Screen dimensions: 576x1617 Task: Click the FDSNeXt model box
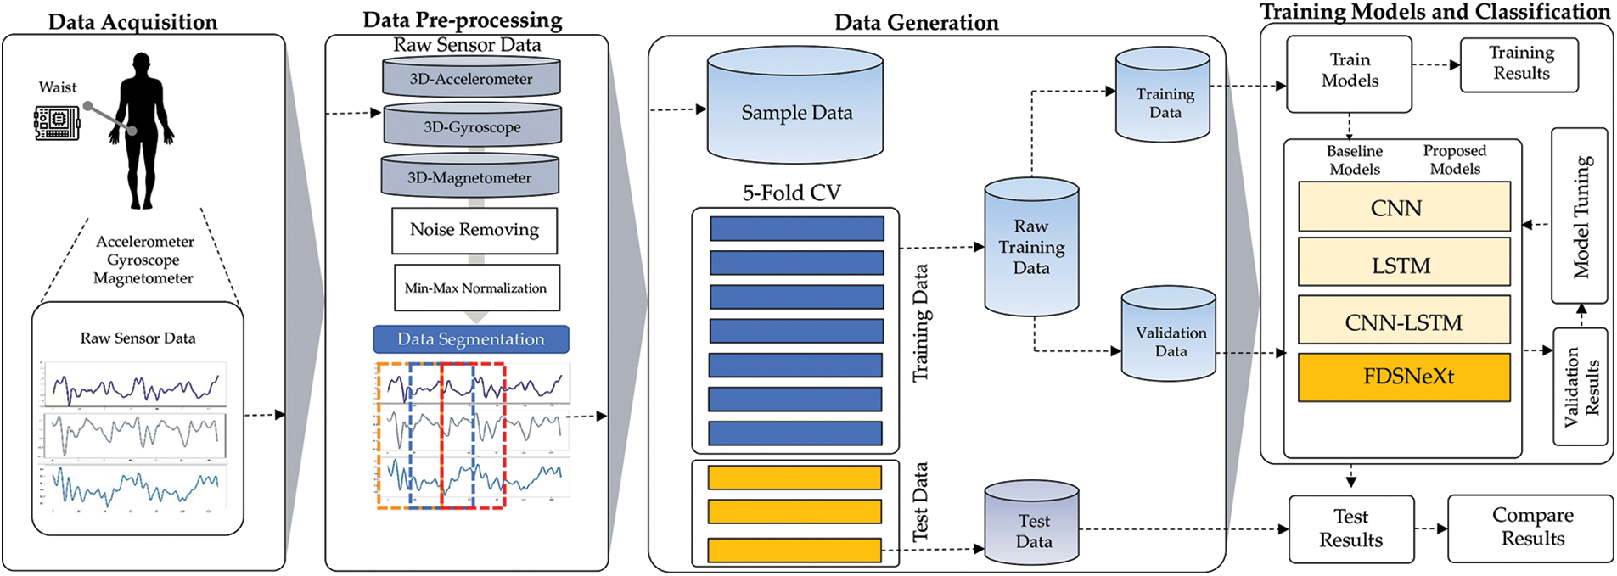point(1404,377)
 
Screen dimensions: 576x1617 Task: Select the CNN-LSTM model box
point(1404,322)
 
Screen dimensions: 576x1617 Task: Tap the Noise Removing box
point(474,230)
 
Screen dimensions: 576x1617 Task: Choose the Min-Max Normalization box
point(476,288)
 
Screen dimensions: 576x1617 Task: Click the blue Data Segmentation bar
point(471,339)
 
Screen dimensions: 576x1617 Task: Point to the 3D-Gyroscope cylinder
point(472,126)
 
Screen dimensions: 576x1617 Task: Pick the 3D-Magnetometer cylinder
point(469,176)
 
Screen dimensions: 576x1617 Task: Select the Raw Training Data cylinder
point(1031,247)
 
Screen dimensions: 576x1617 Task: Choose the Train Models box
point(1349,73)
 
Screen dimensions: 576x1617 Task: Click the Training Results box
point(1519,64)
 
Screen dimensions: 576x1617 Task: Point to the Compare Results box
point(1530,528)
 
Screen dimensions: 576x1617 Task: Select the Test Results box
point(1351,529)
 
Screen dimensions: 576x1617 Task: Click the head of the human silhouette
point(142,64)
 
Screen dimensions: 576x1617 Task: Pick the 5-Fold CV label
point(792,193)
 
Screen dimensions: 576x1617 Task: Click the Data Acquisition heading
point(132,21)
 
